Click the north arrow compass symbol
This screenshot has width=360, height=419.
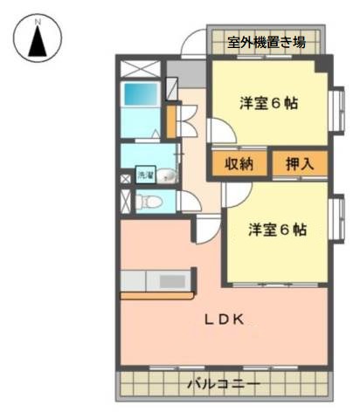38,38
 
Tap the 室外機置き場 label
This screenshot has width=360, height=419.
267,43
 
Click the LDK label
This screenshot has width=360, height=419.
224,319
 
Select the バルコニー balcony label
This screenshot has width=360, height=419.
224,384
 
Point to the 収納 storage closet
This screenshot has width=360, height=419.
239,164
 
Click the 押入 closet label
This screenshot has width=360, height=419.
300,163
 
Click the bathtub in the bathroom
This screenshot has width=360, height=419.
141,94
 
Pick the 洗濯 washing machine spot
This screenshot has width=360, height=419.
145,175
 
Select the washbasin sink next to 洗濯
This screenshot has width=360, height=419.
167,175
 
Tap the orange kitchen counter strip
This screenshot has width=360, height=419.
157,296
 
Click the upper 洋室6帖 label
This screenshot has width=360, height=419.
268,103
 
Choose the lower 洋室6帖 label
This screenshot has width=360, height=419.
277,230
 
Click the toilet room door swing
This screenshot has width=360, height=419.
190,202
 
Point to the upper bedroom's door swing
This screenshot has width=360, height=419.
222,131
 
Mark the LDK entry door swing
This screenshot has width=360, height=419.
208,229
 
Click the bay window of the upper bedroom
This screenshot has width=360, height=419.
338,110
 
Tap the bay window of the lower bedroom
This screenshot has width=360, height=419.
338,219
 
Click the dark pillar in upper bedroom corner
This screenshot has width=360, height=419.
322,65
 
